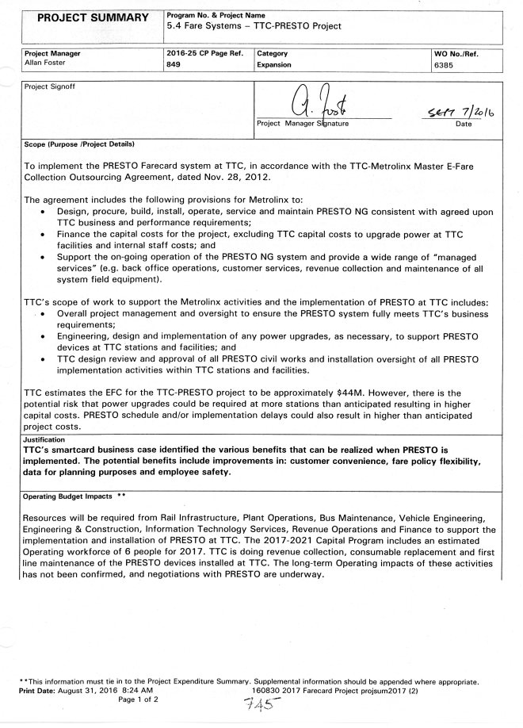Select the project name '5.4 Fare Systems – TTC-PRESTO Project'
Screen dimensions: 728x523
[254, 26]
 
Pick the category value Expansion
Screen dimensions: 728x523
[272, 66]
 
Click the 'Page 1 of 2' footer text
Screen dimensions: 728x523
[139, 700]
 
